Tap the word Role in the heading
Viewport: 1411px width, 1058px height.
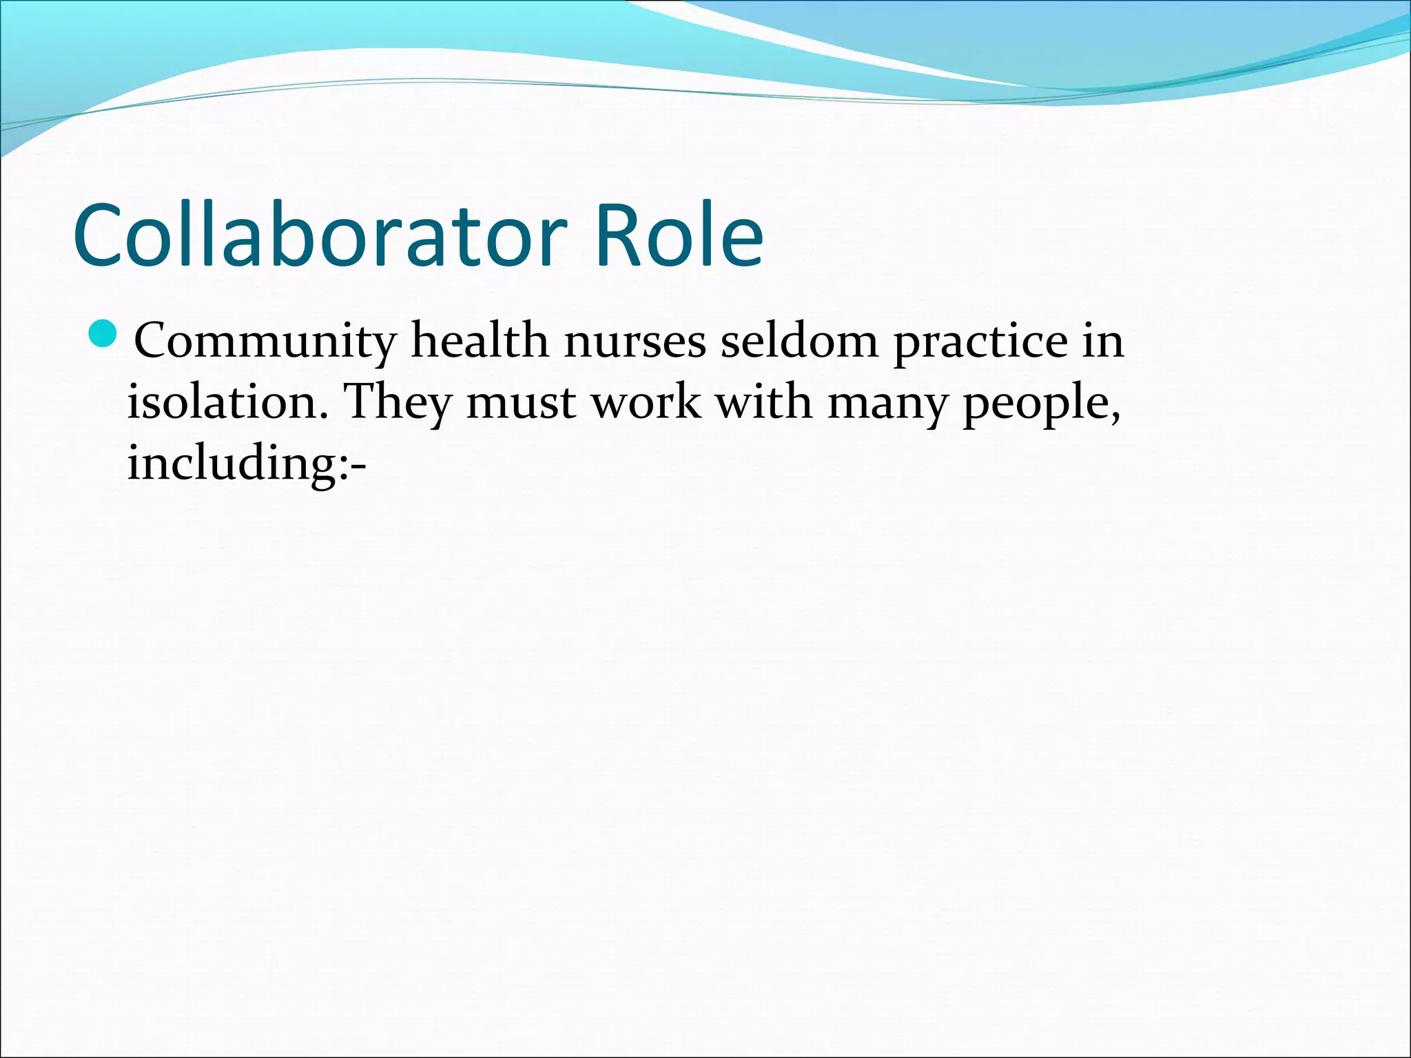tap(679, 235)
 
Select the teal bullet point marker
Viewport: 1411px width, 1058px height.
tap(104, 333)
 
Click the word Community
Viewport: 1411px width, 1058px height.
tap(265, 341)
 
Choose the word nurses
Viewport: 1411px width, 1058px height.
tap(635, 341)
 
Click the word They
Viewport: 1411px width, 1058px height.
tap(397, 402)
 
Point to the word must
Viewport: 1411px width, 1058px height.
tap(521, 402)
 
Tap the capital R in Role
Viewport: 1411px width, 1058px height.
tap(618, 235)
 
